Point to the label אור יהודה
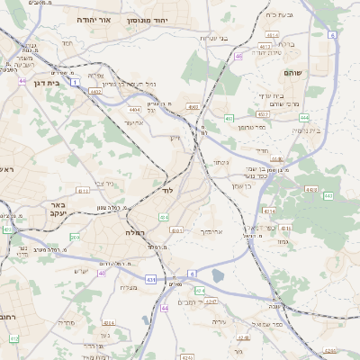(x=93, y=19)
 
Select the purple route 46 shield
(x=238, y=56)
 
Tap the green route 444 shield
(x=304, y=117)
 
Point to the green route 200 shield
(x=74, y=238)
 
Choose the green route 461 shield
(x=229, y=118)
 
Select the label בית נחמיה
(x=310, y=130)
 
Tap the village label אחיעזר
(x=133, y=122)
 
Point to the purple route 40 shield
(x=102, y=272)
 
